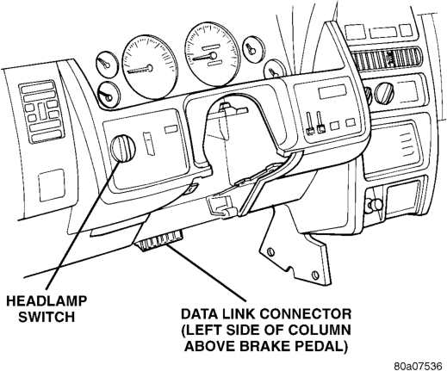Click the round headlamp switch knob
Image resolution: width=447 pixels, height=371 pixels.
pos(123,148)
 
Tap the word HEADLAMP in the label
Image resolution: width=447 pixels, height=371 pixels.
pos(47,301)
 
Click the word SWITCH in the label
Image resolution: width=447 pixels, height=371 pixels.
pos(47,317)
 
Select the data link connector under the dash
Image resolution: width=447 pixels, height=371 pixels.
pos(159,240)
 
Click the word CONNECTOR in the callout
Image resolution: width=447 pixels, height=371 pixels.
pos(306,314)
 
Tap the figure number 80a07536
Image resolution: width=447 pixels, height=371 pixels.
pos(418,366)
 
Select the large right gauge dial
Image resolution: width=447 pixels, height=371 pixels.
pos(212,54)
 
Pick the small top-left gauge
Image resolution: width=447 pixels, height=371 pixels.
pos(107,64)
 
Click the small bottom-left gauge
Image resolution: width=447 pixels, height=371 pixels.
pos(109,96)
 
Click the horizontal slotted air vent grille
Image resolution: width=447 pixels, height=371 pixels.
pos(385,59)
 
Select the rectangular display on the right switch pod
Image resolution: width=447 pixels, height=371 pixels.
pos(332,92)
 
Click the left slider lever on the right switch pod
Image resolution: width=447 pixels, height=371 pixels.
pos(310,123)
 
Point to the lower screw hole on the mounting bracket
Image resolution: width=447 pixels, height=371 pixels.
pos(316,276)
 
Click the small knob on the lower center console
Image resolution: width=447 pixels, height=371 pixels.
pos(376,203)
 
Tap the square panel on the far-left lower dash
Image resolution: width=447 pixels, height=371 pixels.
pos(52,185)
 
